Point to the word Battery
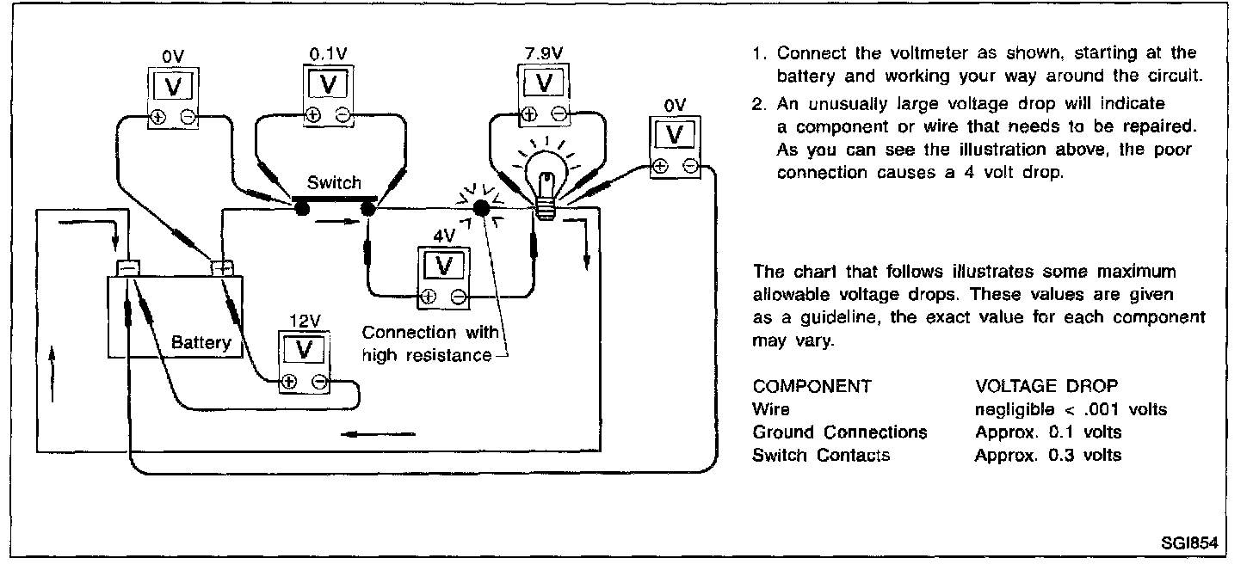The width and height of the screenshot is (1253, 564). [201, 343]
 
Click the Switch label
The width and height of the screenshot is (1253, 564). [335, 183]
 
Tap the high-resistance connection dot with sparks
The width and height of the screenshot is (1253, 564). [482, 208]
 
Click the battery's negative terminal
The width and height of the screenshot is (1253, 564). [127, 267]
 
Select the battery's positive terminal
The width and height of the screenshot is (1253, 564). [222, 267]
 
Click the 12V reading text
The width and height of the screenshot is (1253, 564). [304, 321]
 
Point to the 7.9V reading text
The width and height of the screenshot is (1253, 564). [544, 52]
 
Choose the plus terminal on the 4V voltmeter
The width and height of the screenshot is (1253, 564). [427, 297]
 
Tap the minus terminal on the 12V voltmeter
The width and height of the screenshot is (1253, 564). [319, 383]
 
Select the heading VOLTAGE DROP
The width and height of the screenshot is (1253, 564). [1046, 387]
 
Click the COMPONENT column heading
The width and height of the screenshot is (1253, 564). [812, 387]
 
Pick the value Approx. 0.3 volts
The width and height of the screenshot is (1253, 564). [1047, 456]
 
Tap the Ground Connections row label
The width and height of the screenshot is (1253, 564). [839, 432]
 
